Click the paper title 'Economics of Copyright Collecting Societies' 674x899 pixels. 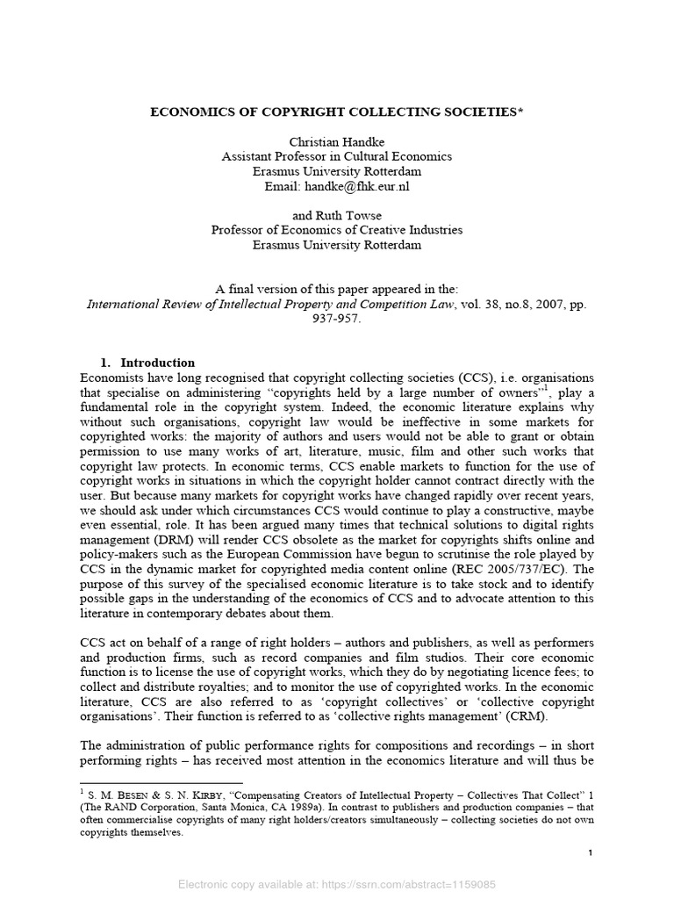pos(336,113)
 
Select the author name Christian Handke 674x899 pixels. pos(336,142)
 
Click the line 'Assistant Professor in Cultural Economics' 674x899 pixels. pos(336,157)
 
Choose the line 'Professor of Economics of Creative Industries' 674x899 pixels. pos(336,231)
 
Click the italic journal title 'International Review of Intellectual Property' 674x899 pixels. pos(290,304)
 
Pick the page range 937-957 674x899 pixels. pos(336,319)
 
